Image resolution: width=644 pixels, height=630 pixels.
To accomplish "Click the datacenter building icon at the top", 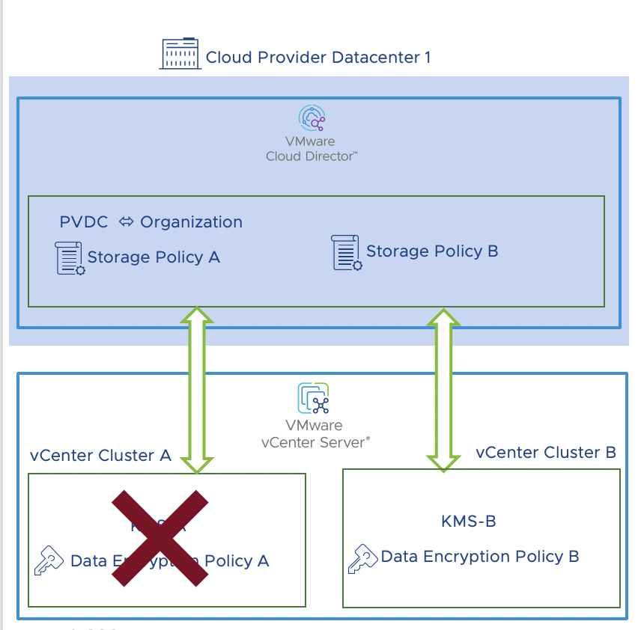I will point(180,54).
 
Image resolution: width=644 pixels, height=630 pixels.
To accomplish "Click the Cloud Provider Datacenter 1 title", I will point(318,57).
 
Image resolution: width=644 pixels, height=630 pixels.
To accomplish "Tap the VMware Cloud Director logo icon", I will point(312,119).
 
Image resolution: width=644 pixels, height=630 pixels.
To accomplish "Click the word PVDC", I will point(84,222).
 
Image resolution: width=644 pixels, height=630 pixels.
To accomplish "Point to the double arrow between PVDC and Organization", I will point(125,222).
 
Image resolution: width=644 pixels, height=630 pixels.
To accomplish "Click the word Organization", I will point(192,222).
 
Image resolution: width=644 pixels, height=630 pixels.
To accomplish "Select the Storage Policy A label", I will point(154,257).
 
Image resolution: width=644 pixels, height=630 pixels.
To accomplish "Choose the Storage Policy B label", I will point(432,251).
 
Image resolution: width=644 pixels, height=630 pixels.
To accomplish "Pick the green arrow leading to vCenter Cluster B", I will point(443,389).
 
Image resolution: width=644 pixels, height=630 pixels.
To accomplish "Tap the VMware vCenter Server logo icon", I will point(314,398).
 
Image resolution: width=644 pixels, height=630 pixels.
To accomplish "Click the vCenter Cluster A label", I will point(101,456).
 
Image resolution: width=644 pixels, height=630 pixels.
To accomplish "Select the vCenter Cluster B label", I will point(546,452).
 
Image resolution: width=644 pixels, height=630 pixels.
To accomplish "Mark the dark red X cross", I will point(160,536).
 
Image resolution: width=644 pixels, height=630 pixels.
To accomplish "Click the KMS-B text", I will point(469,521).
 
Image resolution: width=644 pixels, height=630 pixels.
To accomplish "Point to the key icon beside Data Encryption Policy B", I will point(362,558).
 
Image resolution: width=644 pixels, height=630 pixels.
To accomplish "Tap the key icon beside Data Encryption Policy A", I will point(49,562).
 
